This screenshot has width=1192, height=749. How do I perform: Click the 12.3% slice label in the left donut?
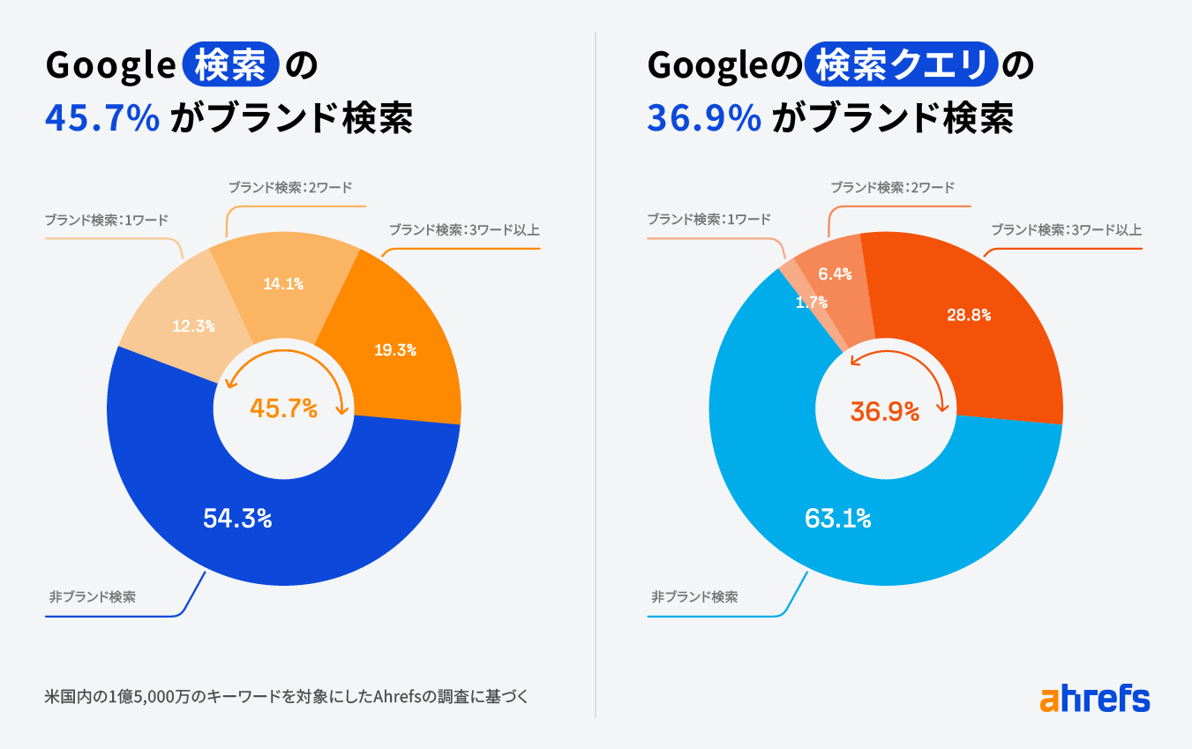(194, 326)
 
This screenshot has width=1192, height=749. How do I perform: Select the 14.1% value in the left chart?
(283, 284)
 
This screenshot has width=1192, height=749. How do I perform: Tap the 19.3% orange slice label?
(394, 350)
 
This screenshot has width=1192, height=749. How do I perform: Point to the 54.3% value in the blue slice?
(237, 519)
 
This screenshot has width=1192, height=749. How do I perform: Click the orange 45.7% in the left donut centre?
(283, 408)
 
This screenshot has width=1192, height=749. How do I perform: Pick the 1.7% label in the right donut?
(811, 303)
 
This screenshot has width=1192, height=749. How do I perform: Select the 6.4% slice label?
(835, 274)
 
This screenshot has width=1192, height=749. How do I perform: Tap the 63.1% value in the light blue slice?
(837, 519)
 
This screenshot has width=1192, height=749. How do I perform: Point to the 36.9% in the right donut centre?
(885, 411)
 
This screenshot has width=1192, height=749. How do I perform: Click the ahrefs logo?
(1095, 699)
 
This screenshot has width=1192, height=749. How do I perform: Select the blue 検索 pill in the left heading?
(230, 66)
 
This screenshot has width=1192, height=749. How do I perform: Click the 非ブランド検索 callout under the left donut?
(93, 597)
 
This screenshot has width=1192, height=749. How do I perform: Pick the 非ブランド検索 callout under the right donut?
(694, 597)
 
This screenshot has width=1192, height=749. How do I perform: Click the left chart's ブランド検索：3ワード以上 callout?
(464, 231)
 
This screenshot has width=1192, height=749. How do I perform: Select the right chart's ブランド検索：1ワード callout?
(708, 220)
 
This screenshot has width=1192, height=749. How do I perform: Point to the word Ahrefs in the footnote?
(400, 696)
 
